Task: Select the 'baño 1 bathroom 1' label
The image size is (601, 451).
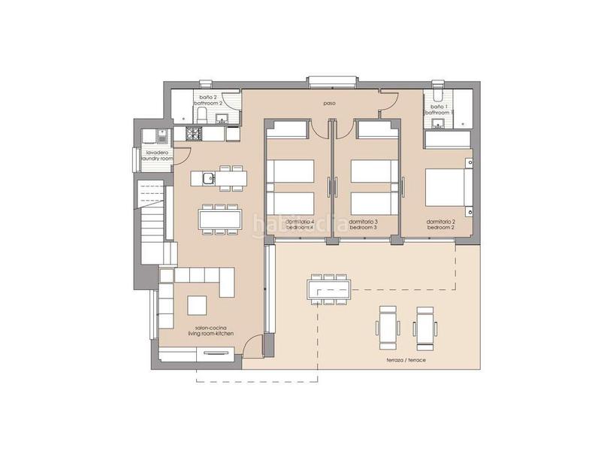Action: (x=439, y=110)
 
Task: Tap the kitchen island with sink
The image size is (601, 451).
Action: (x=218, y=178)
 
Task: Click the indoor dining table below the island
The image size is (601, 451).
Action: (x=220, y=219)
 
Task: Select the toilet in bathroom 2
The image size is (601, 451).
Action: (x=201, y=114)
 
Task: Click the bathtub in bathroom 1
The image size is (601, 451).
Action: (x=448, y=139)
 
